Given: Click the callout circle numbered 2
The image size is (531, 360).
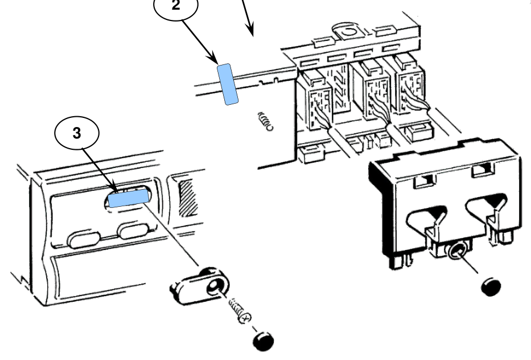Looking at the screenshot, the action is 176,7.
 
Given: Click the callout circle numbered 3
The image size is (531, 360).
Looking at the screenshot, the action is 77,133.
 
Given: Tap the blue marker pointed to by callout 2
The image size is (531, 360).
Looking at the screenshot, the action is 228,84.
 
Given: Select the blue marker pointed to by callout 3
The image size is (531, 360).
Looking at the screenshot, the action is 129,198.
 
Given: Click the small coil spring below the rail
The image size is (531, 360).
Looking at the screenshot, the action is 265,121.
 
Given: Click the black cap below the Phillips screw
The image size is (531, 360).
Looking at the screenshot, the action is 263,341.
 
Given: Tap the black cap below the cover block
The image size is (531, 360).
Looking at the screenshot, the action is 491,287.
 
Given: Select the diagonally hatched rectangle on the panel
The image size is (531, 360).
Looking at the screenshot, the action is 188,198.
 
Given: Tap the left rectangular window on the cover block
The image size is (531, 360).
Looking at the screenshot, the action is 426,181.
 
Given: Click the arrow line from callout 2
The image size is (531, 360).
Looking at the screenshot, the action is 199,42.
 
